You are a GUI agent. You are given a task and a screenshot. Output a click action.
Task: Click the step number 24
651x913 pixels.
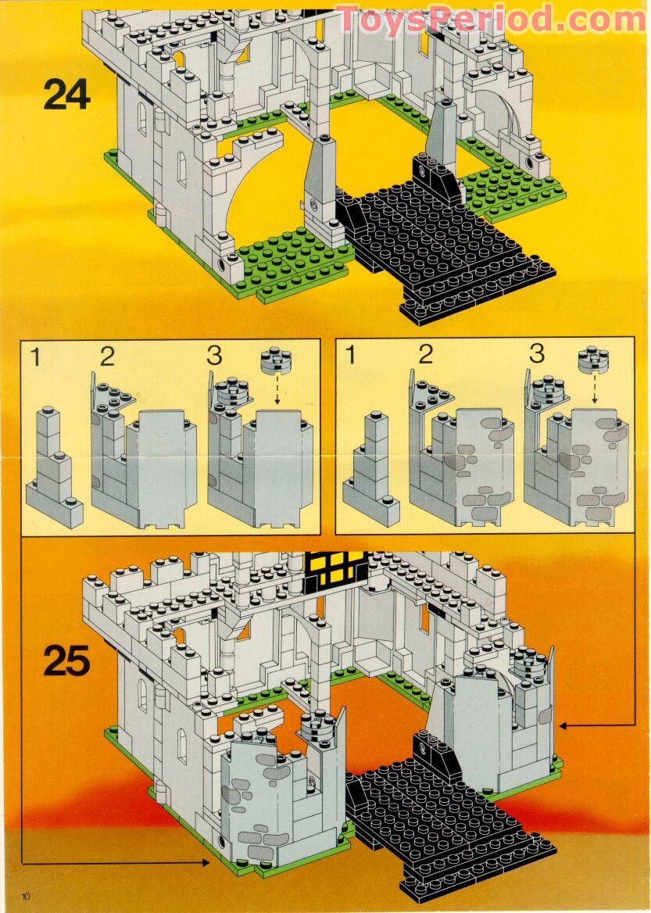click(x=66, y=95)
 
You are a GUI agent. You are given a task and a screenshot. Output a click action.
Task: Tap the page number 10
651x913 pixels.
click(x=27, y=895)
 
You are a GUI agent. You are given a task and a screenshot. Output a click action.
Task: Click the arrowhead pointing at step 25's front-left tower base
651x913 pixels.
click(x=206, y=862)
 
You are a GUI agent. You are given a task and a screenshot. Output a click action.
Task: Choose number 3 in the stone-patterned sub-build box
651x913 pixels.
click(x=536, y=354)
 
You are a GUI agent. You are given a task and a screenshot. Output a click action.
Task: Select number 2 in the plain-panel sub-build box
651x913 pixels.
click(x=107, y=356)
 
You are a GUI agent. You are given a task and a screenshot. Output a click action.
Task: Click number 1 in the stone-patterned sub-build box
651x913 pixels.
click(x=349, y=356)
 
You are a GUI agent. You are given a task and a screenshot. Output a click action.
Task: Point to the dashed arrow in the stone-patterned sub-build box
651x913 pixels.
click(x=593, y=388)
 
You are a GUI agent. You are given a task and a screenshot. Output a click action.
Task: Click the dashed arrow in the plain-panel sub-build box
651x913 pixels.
click(x=277, y=388)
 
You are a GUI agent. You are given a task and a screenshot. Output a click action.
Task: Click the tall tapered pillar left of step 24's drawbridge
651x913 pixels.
click(x=322, y=188)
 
